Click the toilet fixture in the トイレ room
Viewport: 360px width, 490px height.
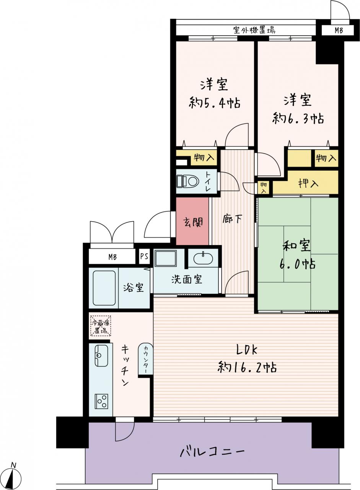[188, 181]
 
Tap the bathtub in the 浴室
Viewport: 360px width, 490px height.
[104, 288]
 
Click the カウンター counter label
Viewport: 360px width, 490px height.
[145, 359]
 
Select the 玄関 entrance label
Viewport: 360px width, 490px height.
[193, 222]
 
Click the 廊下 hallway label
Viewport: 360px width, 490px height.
[232, 219]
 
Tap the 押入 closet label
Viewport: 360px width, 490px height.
[308, 183]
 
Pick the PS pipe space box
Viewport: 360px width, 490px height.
[144, 256]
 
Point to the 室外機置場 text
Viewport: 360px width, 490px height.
[254, 30]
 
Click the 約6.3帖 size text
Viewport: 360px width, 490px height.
[298, 119]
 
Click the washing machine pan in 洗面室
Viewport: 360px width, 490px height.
[166, 258]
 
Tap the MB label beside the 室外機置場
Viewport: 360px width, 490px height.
[339, 30]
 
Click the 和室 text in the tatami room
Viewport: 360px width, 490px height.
[296, 246]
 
